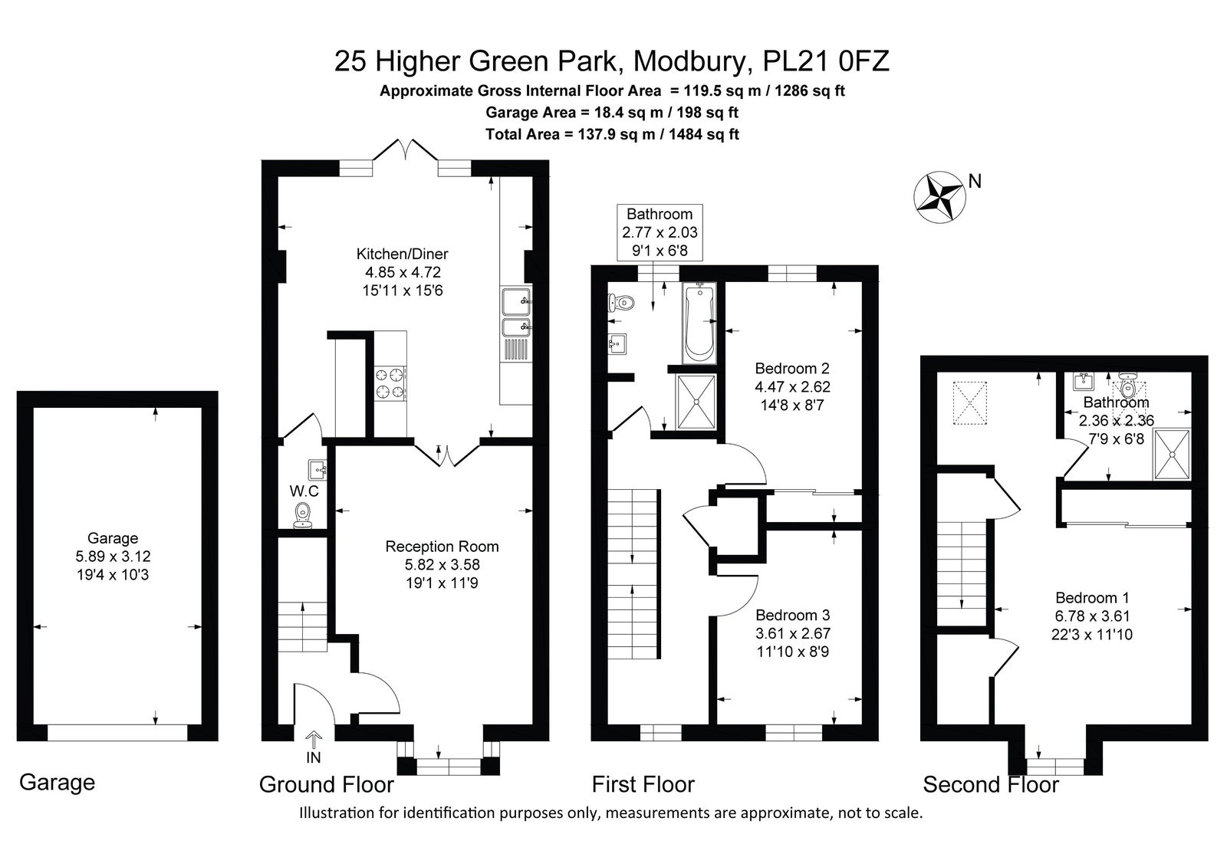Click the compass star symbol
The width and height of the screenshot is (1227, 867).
[939, 197]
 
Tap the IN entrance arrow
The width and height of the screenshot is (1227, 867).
[314, 740]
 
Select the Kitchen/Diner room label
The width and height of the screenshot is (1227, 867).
[402, 255]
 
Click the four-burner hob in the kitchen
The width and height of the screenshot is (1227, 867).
[390, 383]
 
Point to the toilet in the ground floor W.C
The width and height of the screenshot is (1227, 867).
[302, 515]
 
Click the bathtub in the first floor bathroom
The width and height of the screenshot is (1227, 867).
[699, 323]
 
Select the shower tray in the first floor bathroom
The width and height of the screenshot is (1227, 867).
[697, 402]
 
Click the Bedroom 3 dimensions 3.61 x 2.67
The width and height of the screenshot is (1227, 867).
[793, 633]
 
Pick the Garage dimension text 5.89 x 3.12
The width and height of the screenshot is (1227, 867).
[113, 557]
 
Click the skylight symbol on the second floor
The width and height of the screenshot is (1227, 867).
[969, 403]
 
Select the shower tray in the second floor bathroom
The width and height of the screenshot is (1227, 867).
[1173, 454]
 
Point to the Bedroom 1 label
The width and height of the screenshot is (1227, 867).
[1092, 597]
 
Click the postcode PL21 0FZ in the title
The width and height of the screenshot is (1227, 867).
[826, 61]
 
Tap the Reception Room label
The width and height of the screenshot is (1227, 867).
[442, 547]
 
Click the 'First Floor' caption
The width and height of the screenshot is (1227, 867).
[643, 785]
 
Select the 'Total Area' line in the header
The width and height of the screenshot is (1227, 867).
[613, 134]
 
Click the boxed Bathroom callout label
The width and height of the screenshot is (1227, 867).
[660, 232]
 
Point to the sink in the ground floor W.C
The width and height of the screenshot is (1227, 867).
[317, 469]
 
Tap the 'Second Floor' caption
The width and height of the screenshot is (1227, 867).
[991, 785]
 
